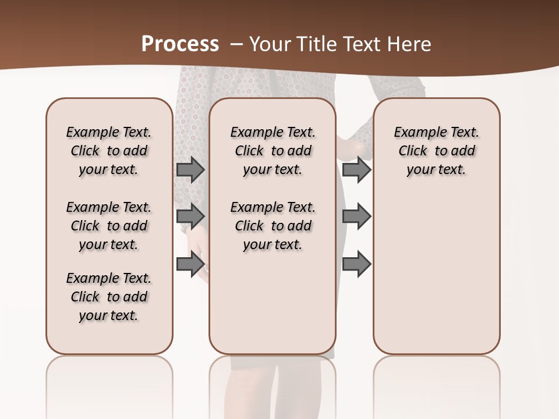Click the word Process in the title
point(180,44)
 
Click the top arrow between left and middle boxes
point(190,169)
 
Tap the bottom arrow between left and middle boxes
point(190,264)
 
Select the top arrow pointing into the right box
point(356,169)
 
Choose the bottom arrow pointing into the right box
point(356,264)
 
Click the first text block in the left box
point(109,151)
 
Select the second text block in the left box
point(109,226)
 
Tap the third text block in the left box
point(109,297)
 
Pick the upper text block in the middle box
point(273,151)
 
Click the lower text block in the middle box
point(273,226)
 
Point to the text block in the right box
point(436,151)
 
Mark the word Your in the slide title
point(270,44)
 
